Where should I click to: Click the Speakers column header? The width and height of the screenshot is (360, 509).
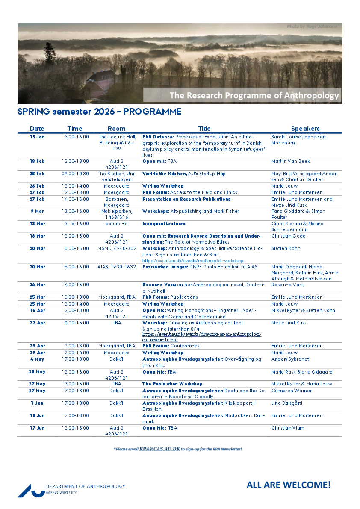coord(305,129)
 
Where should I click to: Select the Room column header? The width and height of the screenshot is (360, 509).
coord(117,129)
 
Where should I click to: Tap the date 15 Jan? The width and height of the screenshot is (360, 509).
coord(37,137)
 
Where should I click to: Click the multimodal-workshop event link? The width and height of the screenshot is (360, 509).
coord(192,260)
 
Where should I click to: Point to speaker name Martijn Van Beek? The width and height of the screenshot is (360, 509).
coord(290,161)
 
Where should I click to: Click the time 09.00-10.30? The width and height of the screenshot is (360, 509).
coord(75,174)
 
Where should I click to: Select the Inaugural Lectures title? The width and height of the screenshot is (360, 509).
coord(164,224)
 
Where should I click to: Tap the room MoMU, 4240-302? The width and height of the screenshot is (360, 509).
coord(117,248)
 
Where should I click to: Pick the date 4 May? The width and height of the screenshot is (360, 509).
coord(37,359)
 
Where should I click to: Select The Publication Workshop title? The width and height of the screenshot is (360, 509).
coord(172,384)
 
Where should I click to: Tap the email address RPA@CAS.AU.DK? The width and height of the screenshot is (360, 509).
coord(159,449)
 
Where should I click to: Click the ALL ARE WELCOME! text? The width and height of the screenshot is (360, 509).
coord(289,485)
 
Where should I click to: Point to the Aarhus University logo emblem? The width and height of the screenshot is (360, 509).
coord(31,490)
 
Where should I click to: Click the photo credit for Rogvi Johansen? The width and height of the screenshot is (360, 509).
coord(312,26)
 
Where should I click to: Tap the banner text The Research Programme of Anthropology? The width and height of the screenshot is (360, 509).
coord(254,95)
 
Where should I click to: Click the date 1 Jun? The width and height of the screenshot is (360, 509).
coord(37,403)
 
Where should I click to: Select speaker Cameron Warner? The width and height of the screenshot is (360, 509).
coord(292,391)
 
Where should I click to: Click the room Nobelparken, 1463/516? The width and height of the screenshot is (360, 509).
coord(117,214)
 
